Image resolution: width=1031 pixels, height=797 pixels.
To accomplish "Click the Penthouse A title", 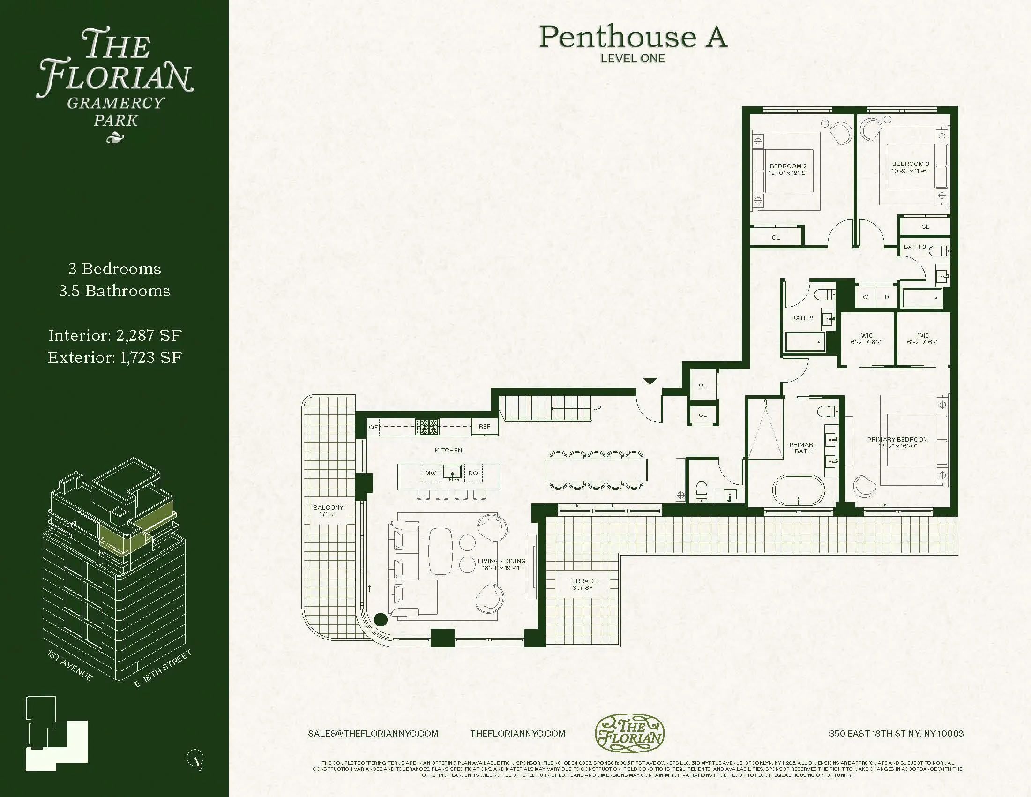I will click(x=633, y=38).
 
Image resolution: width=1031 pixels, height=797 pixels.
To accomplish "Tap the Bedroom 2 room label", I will click(x=788, y=166).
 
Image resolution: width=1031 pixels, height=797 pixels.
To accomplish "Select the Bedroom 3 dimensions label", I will click(x=910, y=171).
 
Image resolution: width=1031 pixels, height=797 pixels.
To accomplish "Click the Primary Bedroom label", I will click(x=897, y=439).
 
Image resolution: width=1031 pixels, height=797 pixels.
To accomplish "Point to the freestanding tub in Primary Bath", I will click(x=798, y=491).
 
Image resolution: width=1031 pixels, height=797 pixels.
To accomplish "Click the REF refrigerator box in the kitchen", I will click(x=485, y=426).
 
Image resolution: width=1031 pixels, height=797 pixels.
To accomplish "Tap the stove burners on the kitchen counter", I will click(x=427, y=426).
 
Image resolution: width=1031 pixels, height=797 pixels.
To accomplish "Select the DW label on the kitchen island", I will click(x=473, y=473).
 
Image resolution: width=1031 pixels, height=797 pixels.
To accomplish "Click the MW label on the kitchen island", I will click(x=430, y=473).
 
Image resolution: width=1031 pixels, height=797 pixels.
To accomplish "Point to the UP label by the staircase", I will click(x=597, y=408).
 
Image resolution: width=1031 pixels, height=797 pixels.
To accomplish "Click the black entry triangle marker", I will click(x=650, y=381).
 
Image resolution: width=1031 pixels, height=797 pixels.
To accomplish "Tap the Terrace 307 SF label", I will click(x=582, y=584).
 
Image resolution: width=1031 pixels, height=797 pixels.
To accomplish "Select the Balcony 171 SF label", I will click(x=328, y=511).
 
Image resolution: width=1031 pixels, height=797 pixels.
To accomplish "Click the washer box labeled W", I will click(x=865, y=297).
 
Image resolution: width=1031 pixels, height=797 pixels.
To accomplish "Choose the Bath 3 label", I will click(x=914, y=247).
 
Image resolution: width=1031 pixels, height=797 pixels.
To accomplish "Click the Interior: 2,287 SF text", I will click(x=115, y=335).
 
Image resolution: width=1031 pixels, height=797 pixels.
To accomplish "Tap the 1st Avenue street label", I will click(x=70, y=665).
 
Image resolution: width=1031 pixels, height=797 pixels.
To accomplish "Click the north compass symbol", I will click(x=195, y=758).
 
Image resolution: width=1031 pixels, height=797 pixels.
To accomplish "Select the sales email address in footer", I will click(x=373, y=733).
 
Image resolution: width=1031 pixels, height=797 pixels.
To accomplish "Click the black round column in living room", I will click(x=381, y=619).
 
